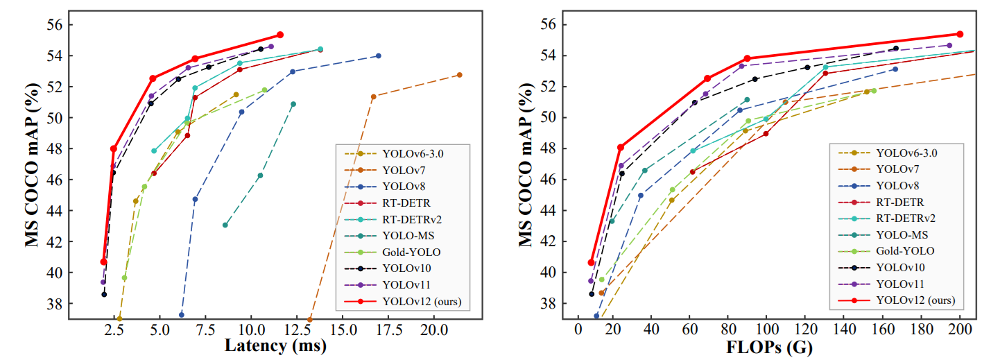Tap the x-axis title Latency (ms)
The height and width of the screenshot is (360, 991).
pyautogui.click(x=277, y=346)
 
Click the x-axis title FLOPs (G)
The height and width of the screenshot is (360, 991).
pyautogui.click(x=769, y=346)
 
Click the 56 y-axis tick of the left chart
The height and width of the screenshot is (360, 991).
pyautogui.click(x=53, y=24)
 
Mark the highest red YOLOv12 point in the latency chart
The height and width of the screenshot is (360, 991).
pyautogui.click(x=279, y=35)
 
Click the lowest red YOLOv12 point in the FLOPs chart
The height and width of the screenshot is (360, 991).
pyautogui.click(x=591, y=262)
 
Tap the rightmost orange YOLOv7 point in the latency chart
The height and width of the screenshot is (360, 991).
pyautogui.click(x=459, y=75)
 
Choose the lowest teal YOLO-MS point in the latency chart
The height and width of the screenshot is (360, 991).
pyautogui.click(x=225, y=225)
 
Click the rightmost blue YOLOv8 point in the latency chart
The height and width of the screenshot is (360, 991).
pyautogui.click(x=378, y=55)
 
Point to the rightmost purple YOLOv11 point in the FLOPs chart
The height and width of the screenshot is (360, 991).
pyautogui.click(x=949, y=45)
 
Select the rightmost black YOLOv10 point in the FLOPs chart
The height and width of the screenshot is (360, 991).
pyautogui.click(x=895, y=49)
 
